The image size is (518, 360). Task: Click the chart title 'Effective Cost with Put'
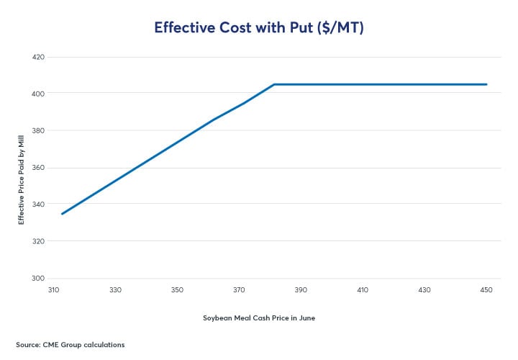[259, 27]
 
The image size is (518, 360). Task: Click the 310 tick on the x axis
[53, 290]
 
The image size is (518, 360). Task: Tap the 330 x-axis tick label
[115, 290]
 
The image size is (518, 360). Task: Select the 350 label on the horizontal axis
[177, 290]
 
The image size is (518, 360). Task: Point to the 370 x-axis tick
[239, 290]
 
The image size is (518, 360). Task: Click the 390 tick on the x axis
[301, 290]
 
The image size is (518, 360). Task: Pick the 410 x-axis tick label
[363, 290]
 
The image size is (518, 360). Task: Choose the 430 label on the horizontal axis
[424, 290]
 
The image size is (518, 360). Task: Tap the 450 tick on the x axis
[486, 290]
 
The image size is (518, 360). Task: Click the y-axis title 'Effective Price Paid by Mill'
[22, 168]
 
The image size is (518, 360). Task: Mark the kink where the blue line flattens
[274, 84]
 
